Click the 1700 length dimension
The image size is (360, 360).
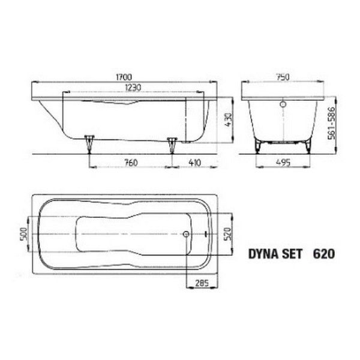point(124,77)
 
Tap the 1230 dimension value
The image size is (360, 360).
point(133,88)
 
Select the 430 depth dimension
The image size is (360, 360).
point(229,120)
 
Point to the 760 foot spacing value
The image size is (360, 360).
point(131,163)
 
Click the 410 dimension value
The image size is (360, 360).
point(194,163)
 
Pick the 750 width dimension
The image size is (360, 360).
point(283,77)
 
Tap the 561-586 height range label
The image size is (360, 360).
point(332,123)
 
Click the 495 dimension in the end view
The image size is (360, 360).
point(283,163)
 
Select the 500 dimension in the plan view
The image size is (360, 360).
point(24,234)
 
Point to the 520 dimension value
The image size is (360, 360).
point(228,234)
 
